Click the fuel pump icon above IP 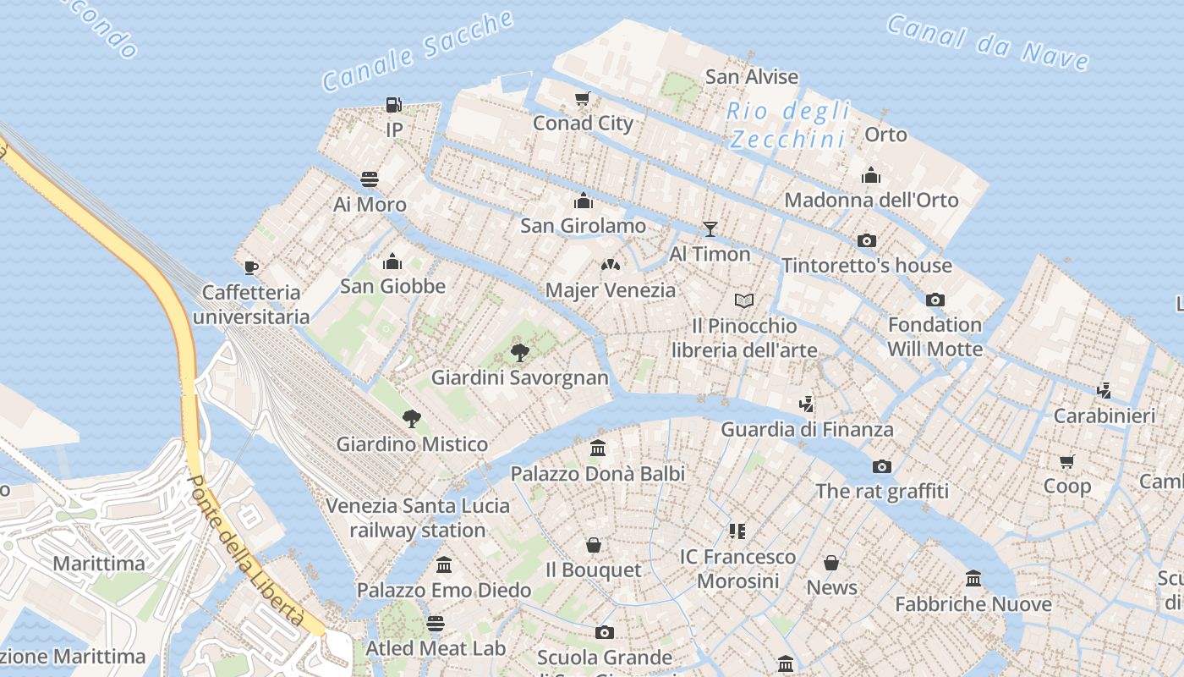[x=393, y=105]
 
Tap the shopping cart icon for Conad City [x=582, y=99]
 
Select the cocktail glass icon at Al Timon [x=710, y=229]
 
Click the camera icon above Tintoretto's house [x=866, y=241]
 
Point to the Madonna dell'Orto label [x=871, y=201]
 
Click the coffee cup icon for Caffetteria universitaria [x=250, y=268]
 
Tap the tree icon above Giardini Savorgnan [x=520, y=353]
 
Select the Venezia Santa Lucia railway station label [x=418, y=518]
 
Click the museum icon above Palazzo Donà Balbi [x=598, y=449]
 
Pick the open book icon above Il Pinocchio [x=744, y=300]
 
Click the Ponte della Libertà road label [x=244, y=551]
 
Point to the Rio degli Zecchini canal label [x=788, y=124]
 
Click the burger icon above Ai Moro [x=370, y=179]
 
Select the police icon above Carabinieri [x=1104, y=391]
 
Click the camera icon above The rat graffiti [x=882, y=467]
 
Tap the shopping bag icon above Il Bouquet [x=594, y=545]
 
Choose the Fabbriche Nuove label [x=973, y=604]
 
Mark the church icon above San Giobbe [x=392, y=261]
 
